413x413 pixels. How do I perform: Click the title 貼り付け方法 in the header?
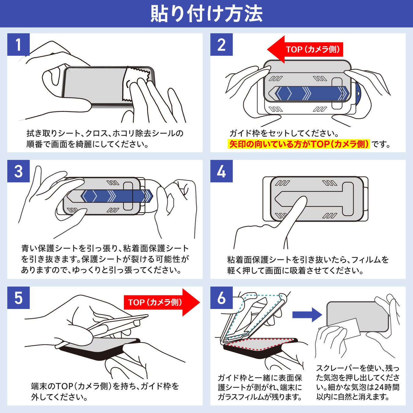[x=206, y=14]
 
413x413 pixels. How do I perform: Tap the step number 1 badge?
[x=18, y=45]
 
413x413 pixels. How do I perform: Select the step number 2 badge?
[x=221, y=45]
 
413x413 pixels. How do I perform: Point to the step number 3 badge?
[x=18, y=171]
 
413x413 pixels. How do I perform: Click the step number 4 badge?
[x=221, y=171]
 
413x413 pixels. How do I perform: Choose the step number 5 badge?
[x=18, y=298]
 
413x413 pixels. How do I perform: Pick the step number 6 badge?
[x=221, y=298]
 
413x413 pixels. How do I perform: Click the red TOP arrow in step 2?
[x=306, y=50]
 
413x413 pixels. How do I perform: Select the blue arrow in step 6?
[x=307, y=314]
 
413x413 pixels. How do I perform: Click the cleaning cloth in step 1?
[x=136, y=83]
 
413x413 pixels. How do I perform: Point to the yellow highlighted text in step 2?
[x=299, y=144]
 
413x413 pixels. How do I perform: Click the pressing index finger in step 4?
[x=294, y=214]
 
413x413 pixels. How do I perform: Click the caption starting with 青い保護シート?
[x=105, y=259]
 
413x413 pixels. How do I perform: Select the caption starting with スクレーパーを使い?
[x=358, y=382]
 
